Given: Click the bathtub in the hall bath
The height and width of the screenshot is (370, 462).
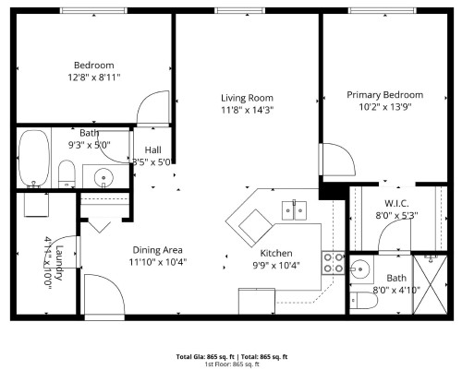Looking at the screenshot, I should tap(35, 158).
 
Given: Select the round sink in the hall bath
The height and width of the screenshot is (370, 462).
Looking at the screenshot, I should tap(102, 176).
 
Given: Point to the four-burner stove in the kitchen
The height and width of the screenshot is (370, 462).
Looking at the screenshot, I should tap(334, 263).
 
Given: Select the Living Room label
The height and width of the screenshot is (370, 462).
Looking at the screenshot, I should tap(247, 98).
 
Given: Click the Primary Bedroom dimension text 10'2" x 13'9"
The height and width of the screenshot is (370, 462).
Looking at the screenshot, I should tap(384, 108).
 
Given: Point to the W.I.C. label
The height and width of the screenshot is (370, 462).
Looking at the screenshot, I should tap(397, 203).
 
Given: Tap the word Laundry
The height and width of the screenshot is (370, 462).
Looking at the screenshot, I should tap(57, 255).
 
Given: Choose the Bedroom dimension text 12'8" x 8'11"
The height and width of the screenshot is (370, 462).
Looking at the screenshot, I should tap(93, 78).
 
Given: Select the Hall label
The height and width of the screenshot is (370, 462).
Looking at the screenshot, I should tap(152, 149).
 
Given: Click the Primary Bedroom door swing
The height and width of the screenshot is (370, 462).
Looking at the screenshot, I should tap(337, 162).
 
